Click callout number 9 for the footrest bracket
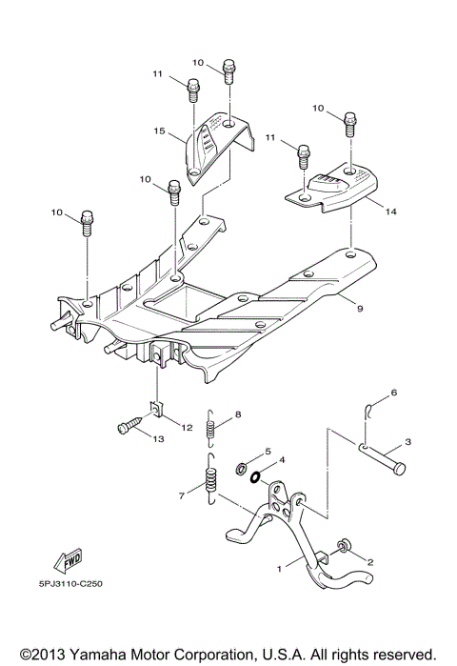[x=360, y=309]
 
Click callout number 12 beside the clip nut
[x=188, y=428]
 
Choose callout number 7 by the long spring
[x=183, y=495]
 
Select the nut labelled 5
[x=242, y=468]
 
